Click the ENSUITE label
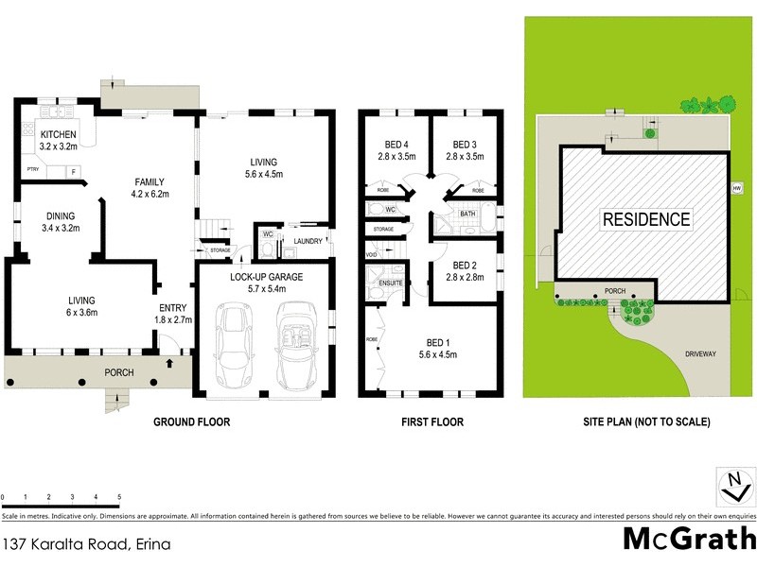point(392,282)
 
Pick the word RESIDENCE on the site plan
point(646,219)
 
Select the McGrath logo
point(689,539)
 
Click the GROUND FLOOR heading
point(192,422)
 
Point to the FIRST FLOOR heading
point(431,422)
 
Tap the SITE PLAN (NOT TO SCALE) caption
point(646,422)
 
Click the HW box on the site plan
point(736,187)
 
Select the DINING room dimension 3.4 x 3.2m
point(62,228)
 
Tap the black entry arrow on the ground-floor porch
point(169,362)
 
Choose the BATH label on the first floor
point(467,215)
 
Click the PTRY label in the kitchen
point(32,170)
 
